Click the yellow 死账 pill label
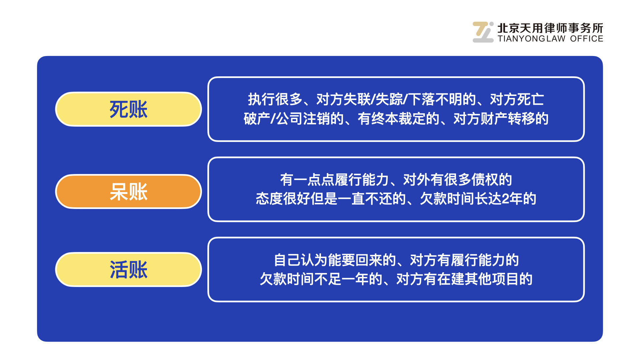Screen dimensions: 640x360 click(128, 109)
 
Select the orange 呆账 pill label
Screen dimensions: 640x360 click(128, 192)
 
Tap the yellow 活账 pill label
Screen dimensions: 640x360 click(128, 269)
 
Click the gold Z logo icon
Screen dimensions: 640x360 click(483, 32)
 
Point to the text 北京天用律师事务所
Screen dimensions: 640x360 click(550, 28)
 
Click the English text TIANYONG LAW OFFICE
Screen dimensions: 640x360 click(550, 39)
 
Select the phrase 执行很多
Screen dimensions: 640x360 click(275, 99)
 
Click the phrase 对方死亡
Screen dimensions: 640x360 click(517, 99)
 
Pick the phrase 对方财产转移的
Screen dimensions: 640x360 click(501, 119)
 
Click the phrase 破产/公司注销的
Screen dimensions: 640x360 click(294, 119)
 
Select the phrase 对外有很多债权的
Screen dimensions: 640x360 click(458, 180)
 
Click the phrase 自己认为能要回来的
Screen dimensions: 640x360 click(335, 260)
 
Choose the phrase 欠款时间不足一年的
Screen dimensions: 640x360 click(321, 279)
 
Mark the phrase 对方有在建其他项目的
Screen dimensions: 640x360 click(464, 279)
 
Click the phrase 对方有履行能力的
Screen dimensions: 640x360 click(464, 260)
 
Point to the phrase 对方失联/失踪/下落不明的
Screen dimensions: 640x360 click(396, 99)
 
